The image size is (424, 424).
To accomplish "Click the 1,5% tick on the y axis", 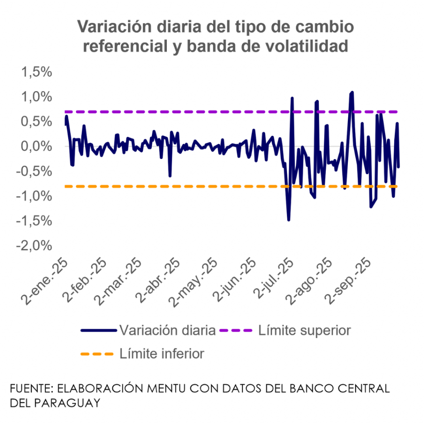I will [x=40, y=72].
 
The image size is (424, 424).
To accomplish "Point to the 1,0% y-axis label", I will [x=40, y=97].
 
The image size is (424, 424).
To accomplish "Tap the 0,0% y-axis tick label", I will [x=40, y=147].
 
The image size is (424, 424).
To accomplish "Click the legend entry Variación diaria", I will [x=167, y=330].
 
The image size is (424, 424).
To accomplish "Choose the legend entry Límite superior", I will [x=304, y=330].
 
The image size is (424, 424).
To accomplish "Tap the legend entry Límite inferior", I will [x=162, y=354].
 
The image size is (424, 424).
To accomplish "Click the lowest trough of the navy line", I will [x=289, y=220].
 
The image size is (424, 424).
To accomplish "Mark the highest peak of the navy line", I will [x=352, y=92].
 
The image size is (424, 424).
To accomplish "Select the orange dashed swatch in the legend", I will [x=97, y=354].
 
